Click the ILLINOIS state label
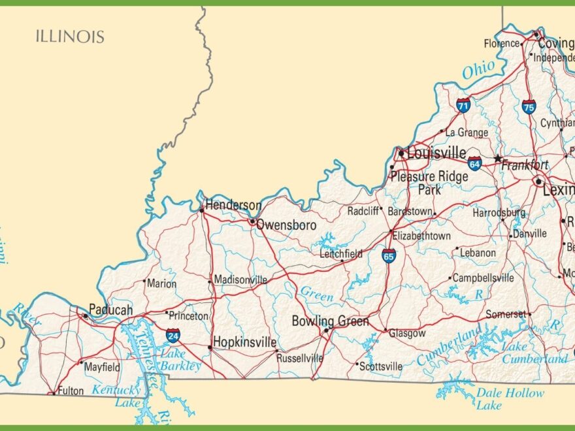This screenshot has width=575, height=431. click(x=69, y=36)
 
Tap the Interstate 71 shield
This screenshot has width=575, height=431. click(x=463, y=105)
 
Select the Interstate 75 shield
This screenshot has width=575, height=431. click(x=529, y=106)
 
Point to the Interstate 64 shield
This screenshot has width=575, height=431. click(x=474, y=164)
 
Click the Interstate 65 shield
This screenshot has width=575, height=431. click(x=389, y=255)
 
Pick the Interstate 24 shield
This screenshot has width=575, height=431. click(x=173, y=336)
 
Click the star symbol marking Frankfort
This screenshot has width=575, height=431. click(x=497, y=159)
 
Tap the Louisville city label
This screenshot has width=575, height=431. click(x=436, y=154)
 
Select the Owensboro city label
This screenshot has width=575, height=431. click(x=286, y=225)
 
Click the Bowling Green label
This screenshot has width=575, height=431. click(x=330, y=321)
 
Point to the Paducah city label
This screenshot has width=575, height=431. click(x=110, y=310)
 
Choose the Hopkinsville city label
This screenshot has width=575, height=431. click(x=245, y=343)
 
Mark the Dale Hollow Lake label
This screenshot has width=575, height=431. click(x=510, y=399)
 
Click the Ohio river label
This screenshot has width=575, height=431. click(x=478, y=70)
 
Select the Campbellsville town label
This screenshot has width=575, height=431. click(x=483, y=278)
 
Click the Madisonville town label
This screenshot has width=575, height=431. click(x=241, y=279)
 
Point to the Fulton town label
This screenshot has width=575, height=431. click(x=71, y=391)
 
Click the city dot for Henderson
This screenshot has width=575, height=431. click(x=202, y=210)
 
